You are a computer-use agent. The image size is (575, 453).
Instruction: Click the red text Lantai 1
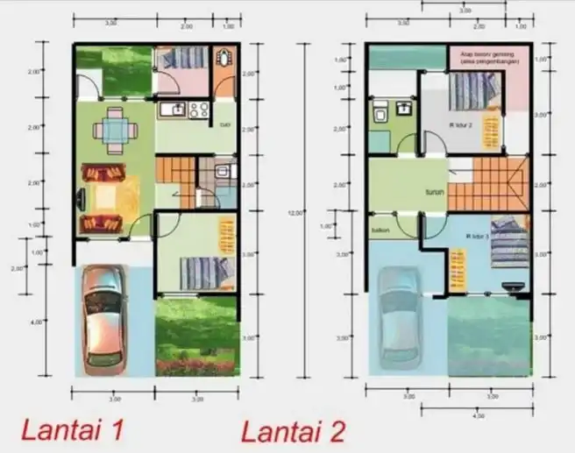click(x=73, y=430)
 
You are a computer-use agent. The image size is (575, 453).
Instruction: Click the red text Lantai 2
click(x=294, y=430)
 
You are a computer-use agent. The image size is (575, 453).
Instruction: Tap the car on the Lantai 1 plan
click(x=104, y=315)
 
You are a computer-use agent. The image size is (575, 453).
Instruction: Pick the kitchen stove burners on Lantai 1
click(x=198, y=110)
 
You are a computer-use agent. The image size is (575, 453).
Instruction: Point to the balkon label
click(x=380, y=231)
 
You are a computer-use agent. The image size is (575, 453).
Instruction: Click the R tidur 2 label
click(x=461, y=125)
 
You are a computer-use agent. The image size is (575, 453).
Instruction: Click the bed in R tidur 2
click(x=474, y=89)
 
